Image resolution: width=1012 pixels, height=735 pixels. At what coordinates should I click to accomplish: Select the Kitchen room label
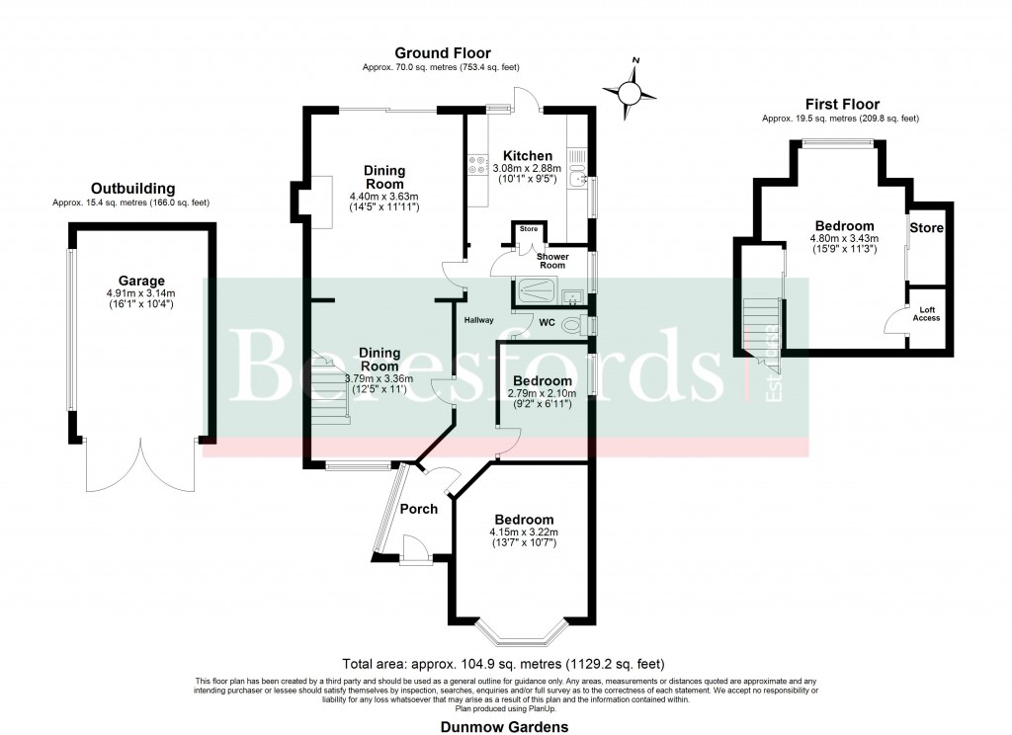[528, 156]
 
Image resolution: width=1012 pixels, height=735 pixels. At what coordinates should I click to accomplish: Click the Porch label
[418, 509]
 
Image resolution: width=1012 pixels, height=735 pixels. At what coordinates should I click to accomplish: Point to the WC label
[547, 322]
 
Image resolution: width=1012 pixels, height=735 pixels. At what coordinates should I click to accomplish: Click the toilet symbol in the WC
[571, 324]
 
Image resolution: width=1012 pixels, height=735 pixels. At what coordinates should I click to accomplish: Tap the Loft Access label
[926, 313]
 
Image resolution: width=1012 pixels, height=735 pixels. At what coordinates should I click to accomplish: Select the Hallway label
[479, 319]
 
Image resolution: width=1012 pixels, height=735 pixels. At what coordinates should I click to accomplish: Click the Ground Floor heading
[442, 53]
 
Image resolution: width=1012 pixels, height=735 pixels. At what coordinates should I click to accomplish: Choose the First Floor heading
[841, 104]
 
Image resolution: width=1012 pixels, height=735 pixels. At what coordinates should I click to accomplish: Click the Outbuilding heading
[132, 188]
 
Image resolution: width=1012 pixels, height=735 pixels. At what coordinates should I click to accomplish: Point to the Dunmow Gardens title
[505, 726]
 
